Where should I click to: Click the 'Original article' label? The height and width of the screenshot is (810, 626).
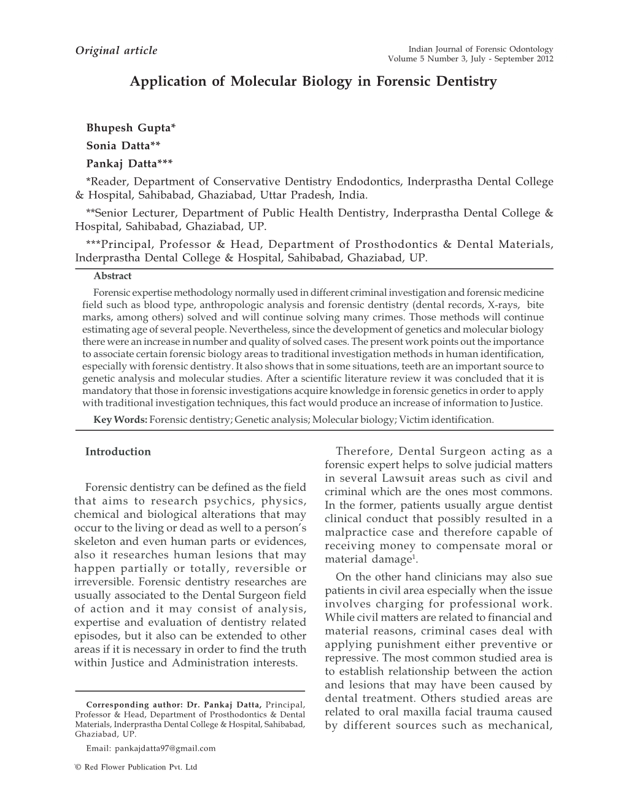pyautogui.click(x=116, y=50)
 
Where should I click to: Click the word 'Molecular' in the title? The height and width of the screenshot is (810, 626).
pyautogui.click(x=262, y=81)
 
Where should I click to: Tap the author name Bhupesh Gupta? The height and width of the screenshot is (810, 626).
pyautogui.click(x=131, y=128)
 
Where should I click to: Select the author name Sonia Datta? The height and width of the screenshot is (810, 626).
pyautogui.click(x=123, y=145)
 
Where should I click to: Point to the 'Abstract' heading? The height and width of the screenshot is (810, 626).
pyautogui.click(x=112, y=276)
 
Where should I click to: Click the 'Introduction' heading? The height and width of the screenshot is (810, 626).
pyautogui.click(x=118, y=452)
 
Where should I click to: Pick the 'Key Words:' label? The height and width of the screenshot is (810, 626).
pyautogui.click(x=120, y=420)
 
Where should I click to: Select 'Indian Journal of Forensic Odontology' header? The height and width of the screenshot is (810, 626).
pyautogui.click(x=481, y=49)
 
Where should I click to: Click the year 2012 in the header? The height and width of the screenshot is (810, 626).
pyautogui.click(x=543, y=59)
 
